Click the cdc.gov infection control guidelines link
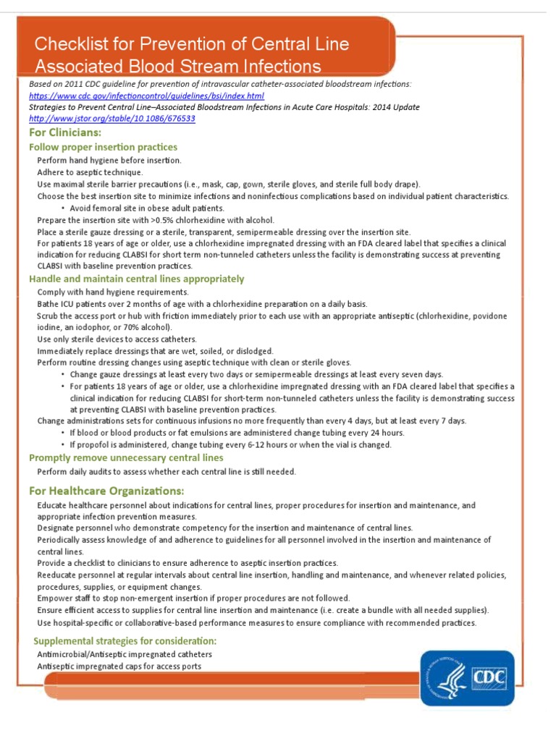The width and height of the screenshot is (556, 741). tap(146, 96)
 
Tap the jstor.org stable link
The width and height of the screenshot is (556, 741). tap(112, 118)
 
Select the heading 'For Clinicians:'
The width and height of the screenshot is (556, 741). tap(65, 133)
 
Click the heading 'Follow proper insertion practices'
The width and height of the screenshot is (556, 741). tap(103, 148)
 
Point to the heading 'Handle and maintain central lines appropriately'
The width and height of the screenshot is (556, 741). tap(137, 279)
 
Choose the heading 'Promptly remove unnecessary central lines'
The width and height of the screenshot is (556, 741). tap(126, 458)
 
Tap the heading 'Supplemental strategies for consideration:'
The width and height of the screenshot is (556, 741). tap(125, 641)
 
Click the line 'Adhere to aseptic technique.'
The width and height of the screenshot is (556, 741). tap(90, 172)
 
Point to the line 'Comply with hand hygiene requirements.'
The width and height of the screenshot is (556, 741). tap(113, 292)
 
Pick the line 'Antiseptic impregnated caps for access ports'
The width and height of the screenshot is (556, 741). tap(119, 666)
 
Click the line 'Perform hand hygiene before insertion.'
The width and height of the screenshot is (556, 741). tap(109, 160)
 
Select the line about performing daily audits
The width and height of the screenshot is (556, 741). tap(167, 471)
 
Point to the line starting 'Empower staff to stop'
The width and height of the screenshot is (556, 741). tap(193, 598)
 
